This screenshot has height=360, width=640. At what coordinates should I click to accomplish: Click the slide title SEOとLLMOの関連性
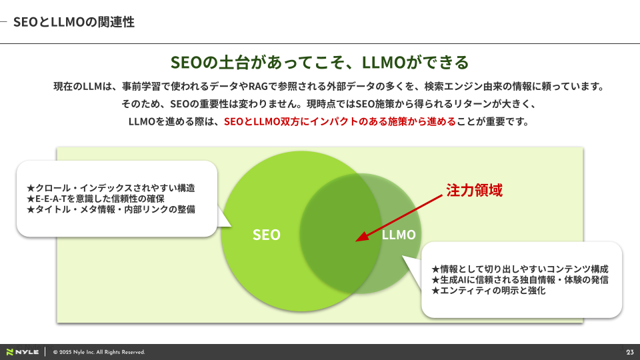[74, 21]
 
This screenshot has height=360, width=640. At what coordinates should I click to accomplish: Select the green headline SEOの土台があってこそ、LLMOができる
[319, 63]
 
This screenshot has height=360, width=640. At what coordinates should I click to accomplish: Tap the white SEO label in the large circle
[267, 235]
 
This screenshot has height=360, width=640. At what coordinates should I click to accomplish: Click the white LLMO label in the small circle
[399, 235]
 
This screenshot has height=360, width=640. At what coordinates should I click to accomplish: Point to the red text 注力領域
[474, 190]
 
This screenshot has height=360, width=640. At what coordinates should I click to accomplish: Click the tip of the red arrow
[356, 241]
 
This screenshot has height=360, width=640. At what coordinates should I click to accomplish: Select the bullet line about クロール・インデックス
[111, 188]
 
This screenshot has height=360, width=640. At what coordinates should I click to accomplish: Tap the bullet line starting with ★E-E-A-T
[95, 199]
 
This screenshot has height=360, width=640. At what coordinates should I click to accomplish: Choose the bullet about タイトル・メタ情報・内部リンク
[111, 209]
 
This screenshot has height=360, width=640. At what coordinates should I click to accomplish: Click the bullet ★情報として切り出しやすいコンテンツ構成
[520, 269]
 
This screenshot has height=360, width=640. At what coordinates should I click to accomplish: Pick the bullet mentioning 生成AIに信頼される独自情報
[520, 279]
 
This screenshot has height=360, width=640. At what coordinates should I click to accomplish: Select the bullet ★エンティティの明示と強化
[489, 290]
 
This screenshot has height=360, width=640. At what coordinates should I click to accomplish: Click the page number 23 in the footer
[630, 352]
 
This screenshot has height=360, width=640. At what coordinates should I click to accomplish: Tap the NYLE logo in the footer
[23, 352]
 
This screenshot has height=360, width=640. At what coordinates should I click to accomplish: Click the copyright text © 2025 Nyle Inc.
[99, 352]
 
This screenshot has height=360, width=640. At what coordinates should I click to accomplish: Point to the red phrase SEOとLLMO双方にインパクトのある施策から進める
[339, 121]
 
